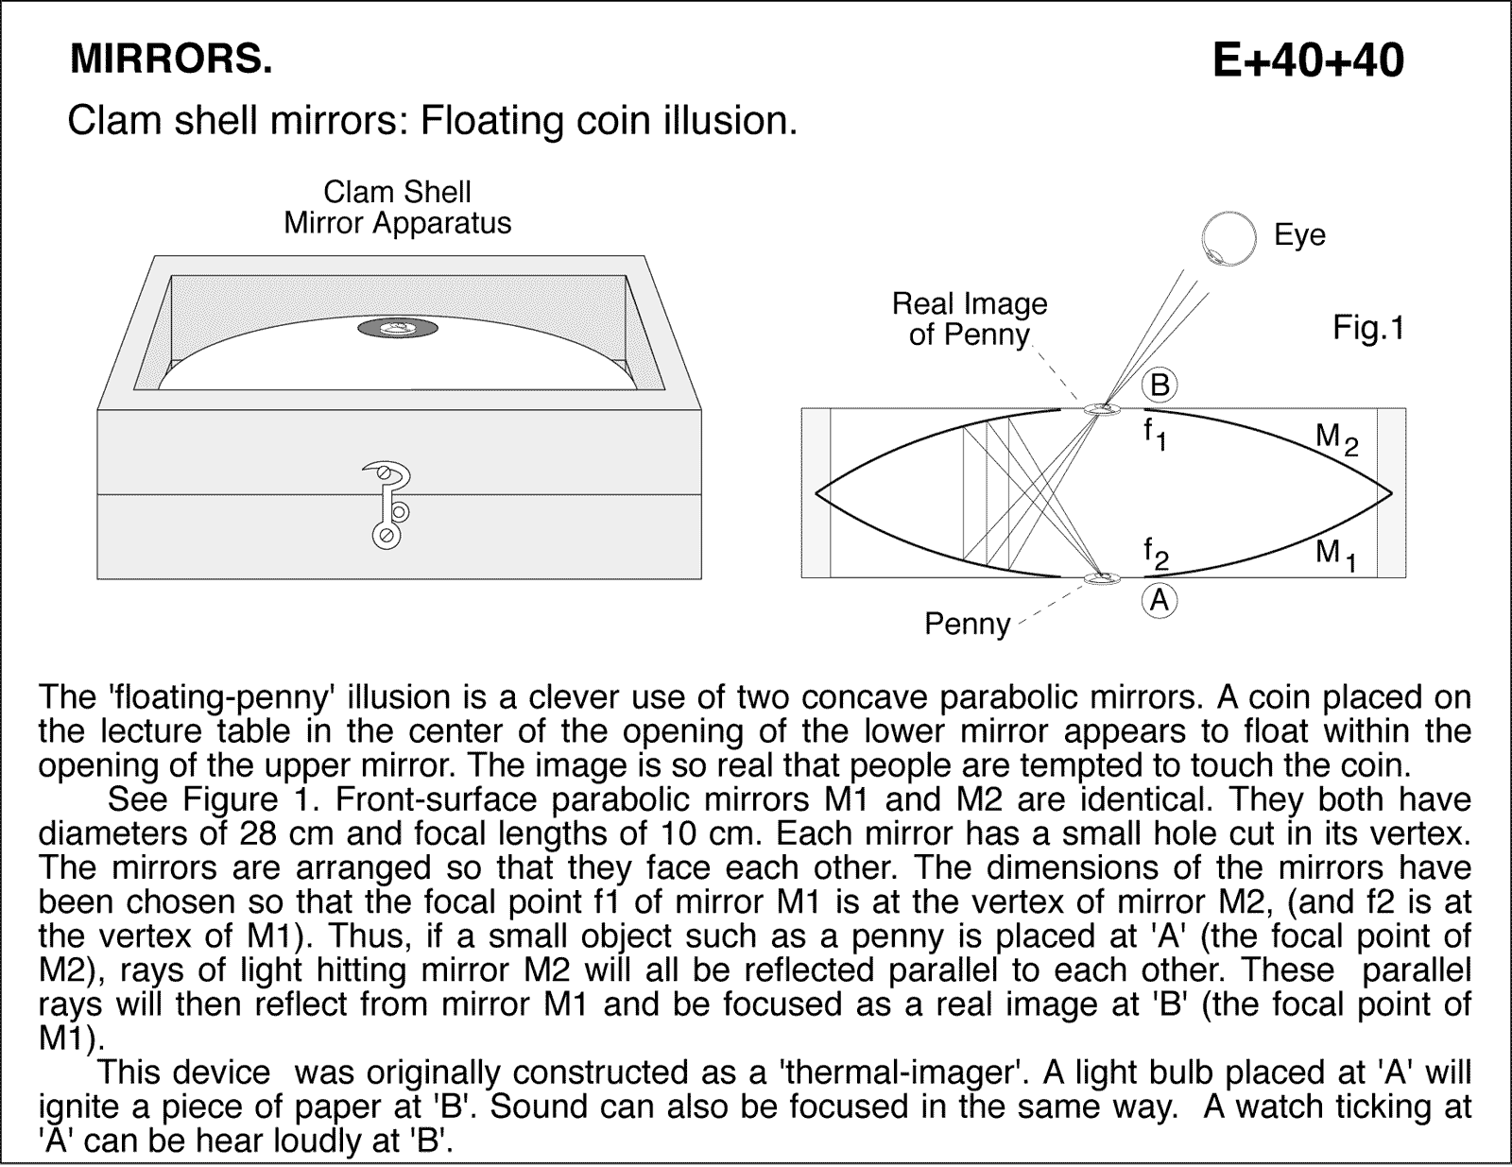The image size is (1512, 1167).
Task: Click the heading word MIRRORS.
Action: (171, 60)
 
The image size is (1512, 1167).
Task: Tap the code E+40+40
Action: (1308, 60)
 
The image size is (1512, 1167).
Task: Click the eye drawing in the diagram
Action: (1228, 237)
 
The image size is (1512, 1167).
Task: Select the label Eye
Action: (1299, 235)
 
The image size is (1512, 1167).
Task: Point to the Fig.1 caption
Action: (1368, 328)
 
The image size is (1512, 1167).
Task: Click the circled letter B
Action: (1160, 386)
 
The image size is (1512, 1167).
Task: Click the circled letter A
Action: (1160, 600)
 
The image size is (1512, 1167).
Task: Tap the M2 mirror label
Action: (1336, 438)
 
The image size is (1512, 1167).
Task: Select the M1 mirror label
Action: (1335, 554)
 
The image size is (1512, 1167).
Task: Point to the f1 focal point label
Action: (1154, 434)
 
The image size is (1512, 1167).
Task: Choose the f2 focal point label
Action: (1155, 554)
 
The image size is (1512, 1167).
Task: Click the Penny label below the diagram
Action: (967, 624)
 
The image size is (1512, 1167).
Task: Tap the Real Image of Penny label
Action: (970, 319)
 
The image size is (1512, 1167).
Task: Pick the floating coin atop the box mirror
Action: (398, 329)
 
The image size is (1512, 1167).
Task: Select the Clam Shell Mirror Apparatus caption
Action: (397, 208)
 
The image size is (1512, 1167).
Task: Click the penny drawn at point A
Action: (1100, 578)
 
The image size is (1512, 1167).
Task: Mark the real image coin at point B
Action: (1101, 409)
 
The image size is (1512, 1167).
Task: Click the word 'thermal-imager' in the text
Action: (910, 1073)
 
